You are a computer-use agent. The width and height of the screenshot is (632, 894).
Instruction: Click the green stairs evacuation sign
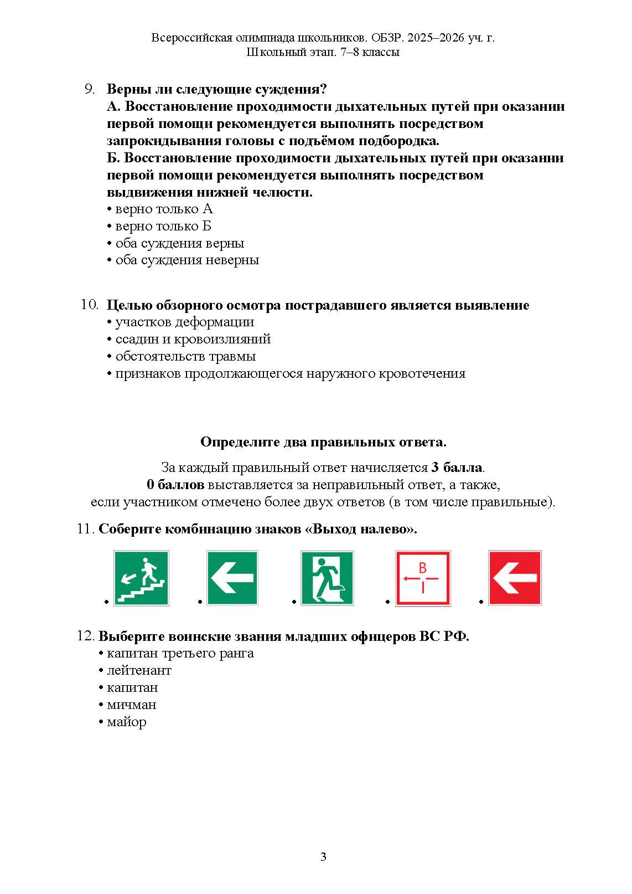[141, 578]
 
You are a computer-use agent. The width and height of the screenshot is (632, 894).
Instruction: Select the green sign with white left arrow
[232, 578]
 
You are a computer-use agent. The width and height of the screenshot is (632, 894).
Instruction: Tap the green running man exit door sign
[327, 578]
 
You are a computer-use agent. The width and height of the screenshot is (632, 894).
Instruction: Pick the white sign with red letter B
[423, 578]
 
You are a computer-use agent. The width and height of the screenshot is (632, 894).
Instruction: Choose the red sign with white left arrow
[515, 578]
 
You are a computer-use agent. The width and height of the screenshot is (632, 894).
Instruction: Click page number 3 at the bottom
[323, 857]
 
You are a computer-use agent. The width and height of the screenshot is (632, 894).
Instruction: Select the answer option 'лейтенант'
[139, 670]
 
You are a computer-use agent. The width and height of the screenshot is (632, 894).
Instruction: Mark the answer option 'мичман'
[131, 705]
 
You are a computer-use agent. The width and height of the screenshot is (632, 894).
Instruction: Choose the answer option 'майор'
[126, 722]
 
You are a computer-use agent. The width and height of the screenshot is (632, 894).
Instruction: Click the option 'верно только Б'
[163, 226]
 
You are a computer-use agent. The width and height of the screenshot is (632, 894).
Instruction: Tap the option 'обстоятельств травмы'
[185, 356]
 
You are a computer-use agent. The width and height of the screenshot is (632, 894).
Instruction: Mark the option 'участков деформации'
[184, 322]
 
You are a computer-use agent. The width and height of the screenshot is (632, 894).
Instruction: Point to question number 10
[89, 305]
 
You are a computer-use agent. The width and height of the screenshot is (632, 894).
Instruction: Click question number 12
[85, 636]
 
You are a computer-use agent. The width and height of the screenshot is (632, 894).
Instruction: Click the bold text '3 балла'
[457, 467]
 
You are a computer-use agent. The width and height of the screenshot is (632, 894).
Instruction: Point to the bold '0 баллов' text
[175, 485]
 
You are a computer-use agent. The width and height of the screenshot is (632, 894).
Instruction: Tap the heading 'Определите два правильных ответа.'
[323, 442]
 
